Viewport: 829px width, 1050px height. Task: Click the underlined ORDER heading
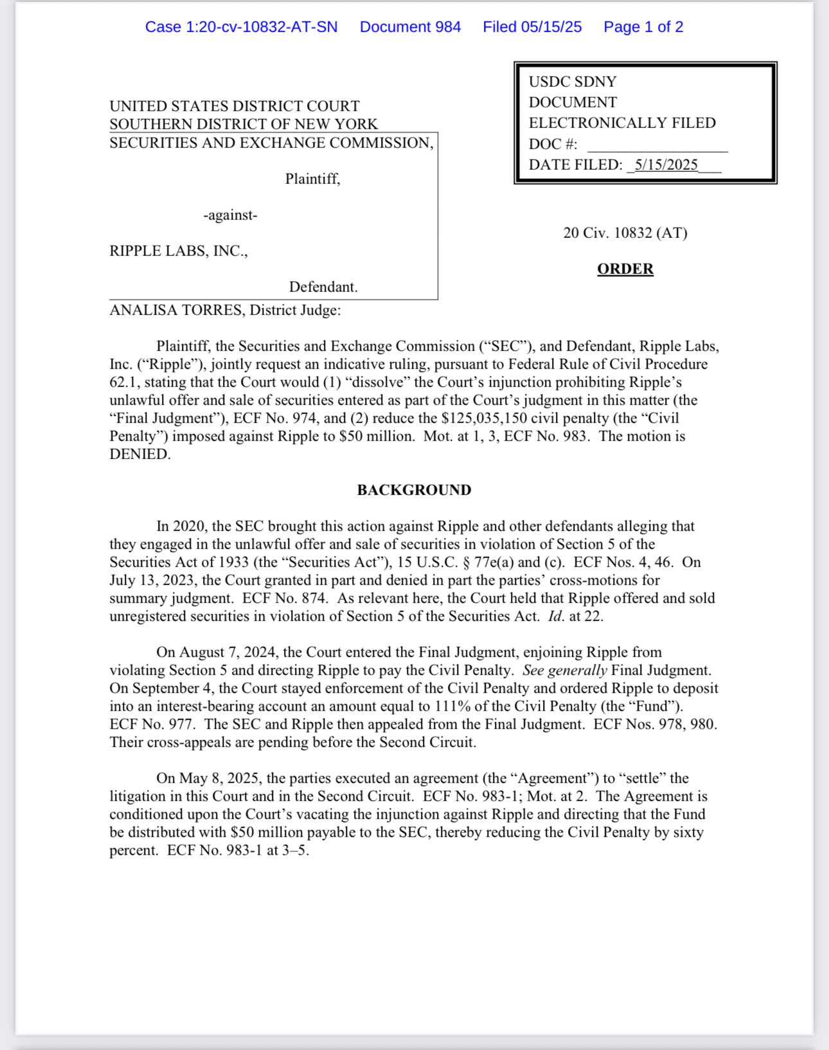[x=625, y=269]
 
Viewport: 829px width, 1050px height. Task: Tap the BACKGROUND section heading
[x=414, y=490]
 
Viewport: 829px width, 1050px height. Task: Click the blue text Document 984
[x=410, y=27]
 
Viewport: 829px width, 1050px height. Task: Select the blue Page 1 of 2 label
[x=643, y=27]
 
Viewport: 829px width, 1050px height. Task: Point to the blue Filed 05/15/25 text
[x=532, y=27]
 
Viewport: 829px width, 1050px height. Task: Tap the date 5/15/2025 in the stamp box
[x=666, y=165]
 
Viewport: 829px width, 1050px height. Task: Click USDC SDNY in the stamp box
[x=572, y=82]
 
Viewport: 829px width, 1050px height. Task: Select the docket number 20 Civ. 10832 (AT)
[x=625, y=233]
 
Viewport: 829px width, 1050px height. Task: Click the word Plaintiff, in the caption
[x=312, y=179]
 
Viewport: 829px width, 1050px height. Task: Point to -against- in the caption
[x=230, y=215]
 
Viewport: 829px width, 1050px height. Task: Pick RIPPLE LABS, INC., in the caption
[x=179, y=251]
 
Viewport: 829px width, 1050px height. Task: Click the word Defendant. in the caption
[x=323, y=287]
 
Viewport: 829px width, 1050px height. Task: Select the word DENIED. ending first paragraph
[x=140, y=454]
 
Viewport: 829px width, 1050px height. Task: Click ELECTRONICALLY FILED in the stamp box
[x=621, y=123]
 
